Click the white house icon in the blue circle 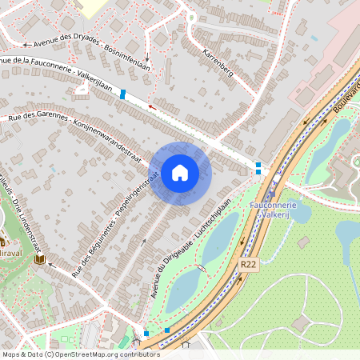coord(179,173)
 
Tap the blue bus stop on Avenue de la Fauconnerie coord(122,94)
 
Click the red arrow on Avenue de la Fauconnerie coord(150,105)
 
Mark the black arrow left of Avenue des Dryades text coord(26,45)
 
